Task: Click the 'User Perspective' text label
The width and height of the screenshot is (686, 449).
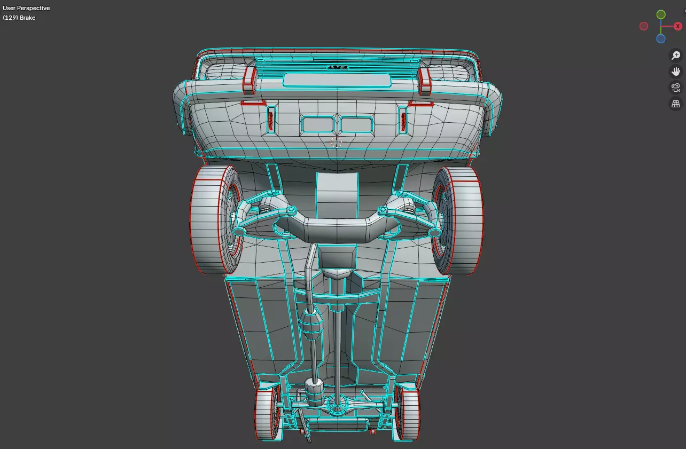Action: [26, 8]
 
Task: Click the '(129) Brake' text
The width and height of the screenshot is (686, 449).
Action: [19, 18]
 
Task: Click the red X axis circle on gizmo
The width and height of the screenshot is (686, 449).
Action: [678, 26]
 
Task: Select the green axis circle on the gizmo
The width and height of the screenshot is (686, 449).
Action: [661, 14]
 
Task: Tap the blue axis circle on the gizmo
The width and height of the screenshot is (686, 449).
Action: [661, 38]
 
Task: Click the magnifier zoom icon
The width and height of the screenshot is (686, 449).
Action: [676, 56]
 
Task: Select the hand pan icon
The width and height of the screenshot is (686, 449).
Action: [676, 72]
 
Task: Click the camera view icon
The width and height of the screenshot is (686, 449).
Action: [676, 88]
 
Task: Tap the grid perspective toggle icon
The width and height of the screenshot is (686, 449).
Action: [676, 104]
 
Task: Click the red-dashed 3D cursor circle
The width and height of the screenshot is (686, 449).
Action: [336, 141]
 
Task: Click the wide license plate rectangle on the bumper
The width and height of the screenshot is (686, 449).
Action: [337, 80]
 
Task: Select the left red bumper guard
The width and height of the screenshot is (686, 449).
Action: [250, 81]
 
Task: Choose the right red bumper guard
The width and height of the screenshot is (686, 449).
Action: [425, 81]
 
